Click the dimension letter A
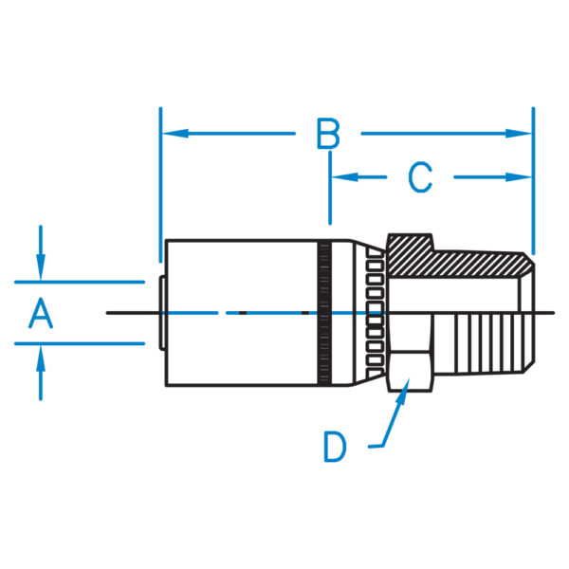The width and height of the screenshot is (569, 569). click(x=41, y=313)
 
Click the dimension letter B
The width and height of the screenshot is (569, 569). click(x=328, y=133)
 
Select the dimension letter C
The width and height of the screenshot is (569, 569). click(x=420, y=177)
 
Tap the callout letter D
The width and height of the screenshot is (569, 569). click(x=335, y=447)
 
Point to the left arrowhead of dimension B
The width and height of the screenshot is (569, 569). click(x=175, y=134)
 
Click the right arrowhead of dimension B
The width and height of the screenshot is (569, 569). click(x=519, y=134)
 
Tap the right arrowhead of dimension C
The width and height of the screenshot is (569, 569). click(x=519, y=177)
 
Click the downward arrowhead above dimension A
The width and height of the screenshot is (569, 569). click(x=41, y=267)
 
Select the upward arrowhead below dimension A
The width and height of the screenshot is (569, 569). click(x=41, y=358)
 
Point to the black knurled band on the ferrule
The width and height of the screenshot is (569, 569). click(x=324, y=313)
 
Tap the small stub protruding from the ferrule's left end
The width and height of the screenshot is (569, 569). click(x=162, y=313)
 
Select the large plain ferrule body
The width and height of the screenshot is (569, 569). click(x=241, y=313)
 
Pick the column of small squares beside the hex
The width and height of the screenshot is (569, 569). click(x=376, y=313)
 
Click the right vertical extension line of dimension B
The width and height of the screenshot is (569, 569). click(x=533, y=181)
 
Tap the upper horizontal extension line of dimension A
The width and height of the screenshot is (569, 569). click(x=80, y=282)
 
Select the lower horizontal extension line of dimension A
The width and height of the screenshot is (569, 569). click(x=80, y=343)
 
